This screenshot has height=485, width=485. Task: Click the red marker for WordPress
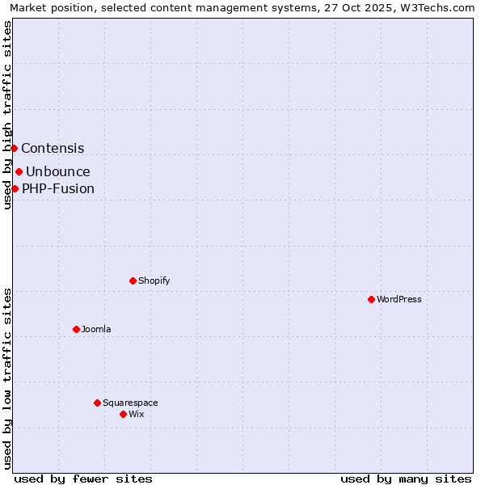(371, 299)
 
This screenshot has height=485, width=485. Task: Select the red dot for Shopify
(133, 280)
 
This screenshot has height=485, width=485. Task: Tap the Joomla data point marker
(76, 329)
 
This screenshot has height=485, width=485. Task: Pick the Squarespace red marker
(97, 403)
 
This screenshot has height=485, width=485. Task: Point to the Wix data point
(123, 414)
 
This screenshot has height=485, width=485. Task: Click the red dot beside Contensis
(14, 148)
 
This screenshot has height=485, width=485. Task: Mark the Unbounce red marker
(19, 171)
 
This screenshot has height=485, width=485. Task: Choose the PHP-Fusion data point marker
(15, 188)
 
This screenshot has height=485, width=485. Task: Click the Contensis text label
(53, 148)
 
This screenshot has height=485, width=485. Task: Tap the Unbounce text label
(58, 171)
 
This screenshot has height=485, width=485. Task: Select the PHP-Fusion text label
(58, 189)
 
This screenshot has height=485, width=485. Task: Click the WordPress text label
(399, 299)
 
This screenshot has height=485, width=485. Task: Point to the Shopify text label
(154, 280)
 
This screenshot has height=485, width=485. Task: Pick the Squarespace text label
(130, 403)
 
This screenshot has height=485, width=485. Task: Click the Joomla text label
(96, 329)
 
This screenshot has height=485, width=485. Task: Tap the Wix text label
(137, 414)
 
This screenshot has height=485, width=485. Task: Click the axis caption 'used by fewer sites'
(83, 479)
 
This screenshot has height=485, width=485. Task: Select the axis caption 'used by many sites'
(406, 479)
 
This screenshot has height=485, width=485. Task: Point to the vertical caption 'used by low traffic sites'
(8, 377)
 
